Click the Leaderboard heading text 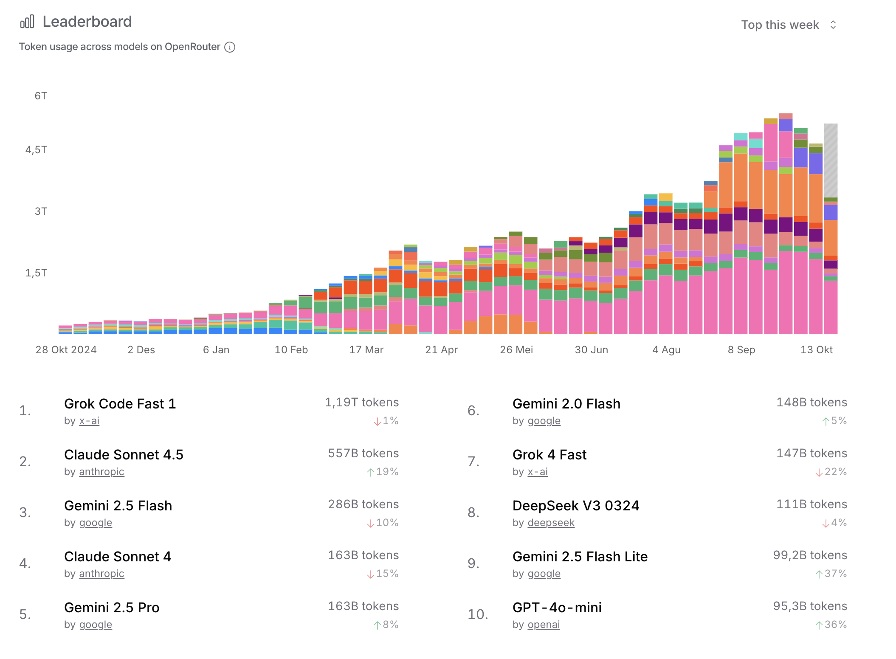tap(87, 22)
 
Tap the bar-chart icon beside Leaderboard tap(27, 22)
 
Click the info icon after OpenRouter tap(230, 47)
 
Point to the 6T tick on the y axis tap(41, 96)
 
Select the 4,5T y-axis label tap(37, 150)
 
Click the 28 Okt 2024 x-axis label tap(66, 350)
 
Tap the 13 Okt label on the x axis tap(816, 350)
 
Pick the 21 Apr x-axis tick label tap(441, 350)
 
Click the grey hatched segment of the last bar tap(831, 160)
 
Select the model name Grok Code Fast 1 tap(120, 404)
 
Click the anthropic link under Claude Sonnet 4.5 tap(101, 472)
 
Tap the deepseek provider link tap(551, 523)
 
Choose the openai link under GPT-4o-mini tap(544, 625)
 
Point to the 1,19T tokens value tap(362, 403)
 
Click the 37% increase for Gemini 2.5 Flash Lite tap(831, 574)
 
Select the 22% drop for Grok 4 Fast tap(831, 472)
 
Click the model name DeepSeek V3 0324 tap(576, 506)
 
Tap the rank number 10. tap(478, 614)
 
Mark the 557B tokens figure tap(363, 453)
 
